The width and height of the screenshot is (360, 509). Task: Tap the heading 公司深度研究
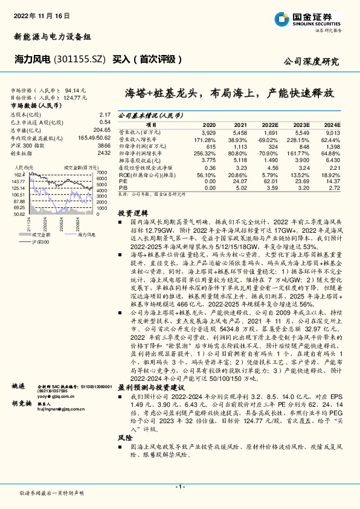point(311,62)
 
